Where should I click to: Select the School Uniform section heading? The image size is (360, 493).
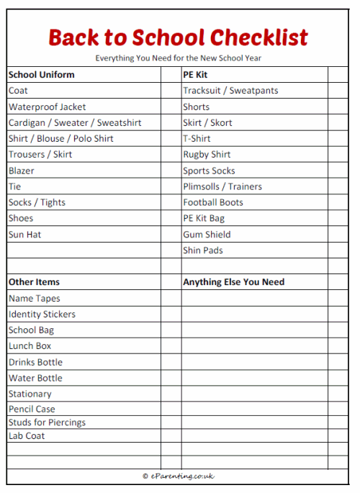(41, 74)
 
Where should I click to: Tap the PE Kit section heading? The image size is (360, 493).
(196, 74)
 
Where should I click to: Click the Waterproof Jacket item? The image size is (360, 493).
(47, 107)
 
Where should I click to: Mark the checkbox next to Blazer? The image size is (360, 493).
(171, 171)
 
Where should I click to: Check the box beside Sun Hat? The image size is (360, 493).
(171, 235)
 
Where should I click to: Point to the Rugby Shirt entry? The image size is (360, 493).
(207, 155)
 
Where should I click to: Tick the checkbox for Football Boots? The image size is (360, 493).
(338, 202)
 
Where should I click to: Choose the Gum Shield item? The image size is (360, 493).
(207, 235)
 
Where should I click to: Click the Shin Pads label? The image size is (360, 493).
(203, 250)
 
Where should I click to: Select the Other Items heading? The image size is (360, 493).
(34, 282)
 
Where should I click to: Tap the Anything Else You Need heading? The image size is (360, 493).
(233, 282)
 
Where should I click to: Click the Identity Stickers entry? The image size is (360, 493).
(42, 315)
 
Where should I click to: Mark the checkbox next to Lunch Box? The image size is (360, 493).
(171, 346)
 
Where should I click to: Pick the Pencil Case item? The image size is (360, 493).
(32, 409)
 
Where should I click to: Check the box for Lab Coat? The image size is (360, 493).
(171, 435)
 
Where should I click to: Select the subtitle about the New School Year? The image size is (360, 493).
(178, 58)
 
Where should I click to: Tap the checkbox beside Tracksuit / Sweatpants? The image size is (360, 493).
(338, 91)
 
